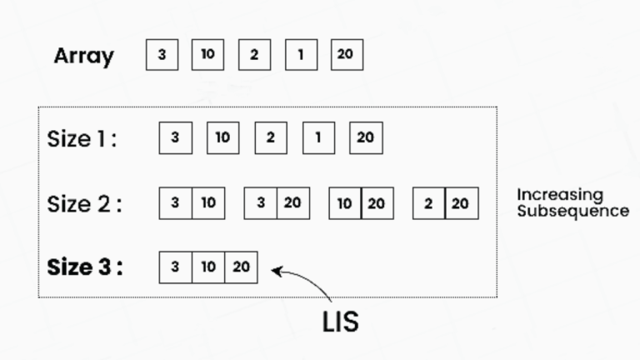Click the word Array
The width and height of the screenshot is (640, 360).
83,56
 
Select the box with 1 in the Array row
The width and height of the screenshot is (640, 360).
301,55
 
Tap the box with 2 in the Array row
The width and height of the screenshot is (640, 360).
255,55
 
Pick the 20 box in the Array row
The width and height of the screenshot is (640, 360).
347,55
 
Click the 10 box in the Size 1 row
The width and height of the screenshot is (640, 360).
222,138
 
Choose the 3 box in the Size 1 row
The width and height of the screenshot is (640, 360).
176,138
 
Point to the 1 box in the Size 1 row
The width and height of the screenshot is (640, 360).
319,138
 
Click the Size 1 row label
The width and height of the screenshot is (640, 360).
82,139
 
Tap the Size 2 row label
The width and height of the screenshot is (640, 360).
84,203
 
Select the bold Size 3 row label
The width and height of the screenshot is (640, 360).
84,267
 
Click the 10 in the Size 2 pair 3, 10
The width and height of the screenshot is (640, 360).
208,203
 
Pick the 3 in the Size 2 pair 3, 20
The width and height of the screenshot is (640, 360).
260,203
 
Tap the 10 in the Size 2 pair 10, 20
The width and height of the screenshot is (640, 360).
345,203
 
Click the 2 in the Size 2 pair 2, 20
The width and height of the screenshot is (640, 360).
428,203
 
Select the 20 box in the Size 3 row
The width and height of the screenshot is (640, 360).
241,267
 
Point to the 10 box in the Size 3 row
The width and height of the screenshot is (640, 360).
208,267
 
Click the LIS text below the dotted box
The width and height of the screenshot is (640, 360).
340,322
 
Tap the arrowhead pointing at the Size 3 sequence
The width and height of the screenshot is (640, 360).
277,272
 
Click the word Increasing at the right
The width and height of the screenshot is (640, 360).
560,196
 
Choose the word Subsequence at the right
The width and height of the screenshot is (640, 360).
573,211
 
